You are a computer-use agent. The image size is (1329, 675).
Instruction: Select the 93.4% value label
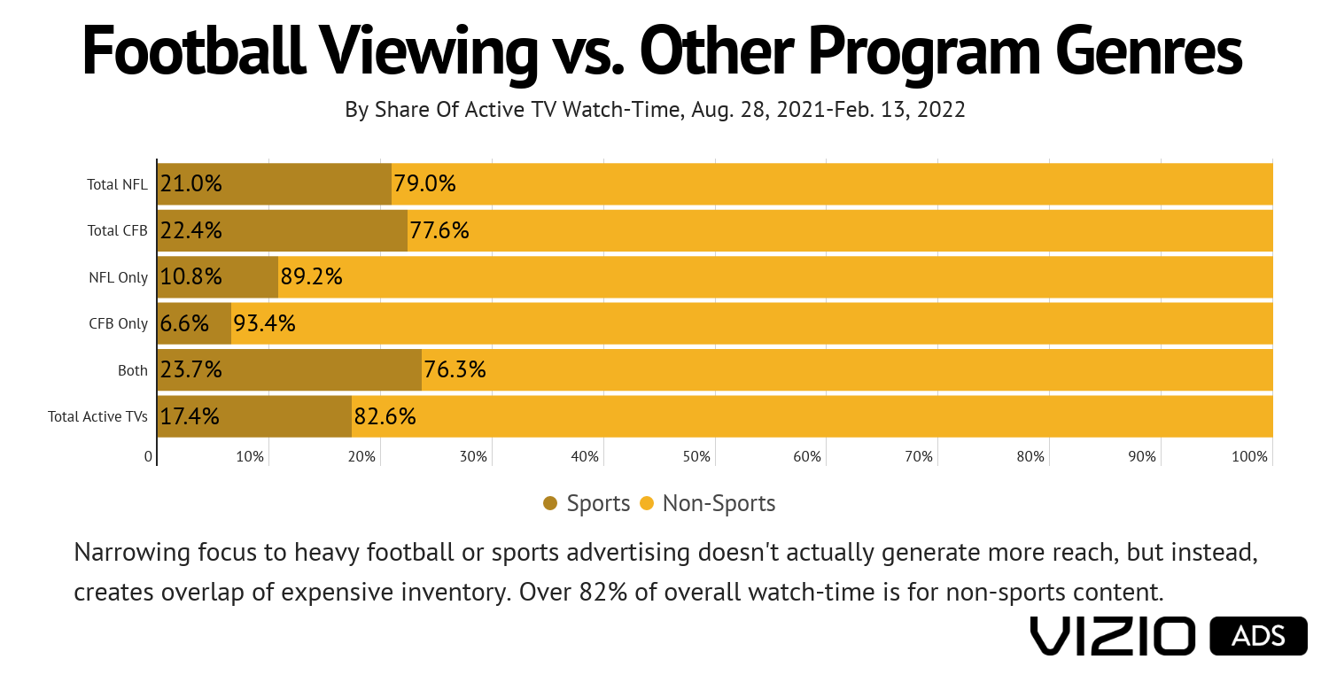264,323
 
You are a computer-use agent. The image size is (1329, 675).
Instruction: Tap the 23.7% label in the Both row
190,369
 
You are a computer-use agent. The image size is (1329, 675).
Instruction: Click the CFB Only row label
118,323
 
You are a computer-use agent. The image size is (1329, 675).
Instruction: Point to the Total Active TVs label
97,416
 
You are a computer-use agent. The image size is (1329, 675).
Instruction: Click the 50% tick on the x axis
696,456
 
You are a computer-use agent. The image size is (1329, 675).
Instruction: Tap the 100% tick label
1250,456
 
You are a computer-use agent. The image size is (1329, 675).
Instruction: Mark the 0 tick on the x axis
148,456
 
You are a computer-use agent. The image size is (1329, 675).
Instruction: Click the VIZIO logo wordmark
1113,636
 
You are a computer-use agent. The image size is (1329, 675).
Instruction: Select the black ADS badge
1258,636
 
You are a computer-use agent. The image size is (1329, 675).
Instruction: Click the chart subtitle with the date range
655,110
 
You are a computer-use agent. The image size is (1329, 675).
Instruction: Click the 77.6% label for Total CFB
439,230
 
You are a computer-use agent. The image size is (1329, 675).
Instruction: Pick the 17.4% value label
190,416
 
